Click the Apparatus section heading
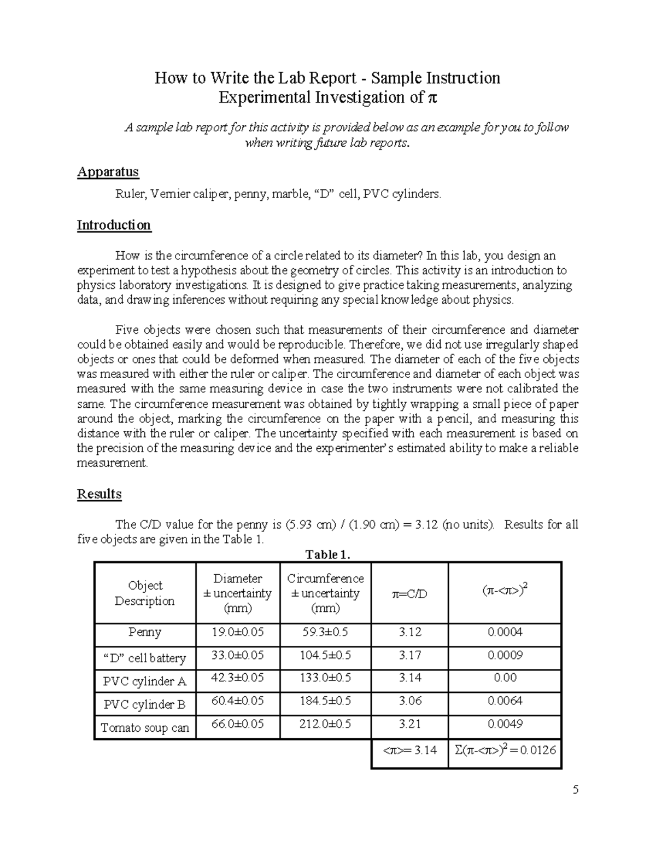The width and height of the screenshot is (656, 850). coord(108,172)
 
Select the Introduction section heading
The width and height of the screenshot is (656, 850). coord(114,225)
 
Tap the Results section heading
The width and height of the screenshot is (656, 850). coord(99,494)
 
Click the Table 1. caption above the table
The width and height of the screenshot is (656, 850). coord(327,554)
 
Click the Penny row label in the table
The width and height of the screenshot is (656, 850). coord(145,632)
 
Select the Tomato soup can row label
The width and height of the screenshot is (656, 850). coord(145,728)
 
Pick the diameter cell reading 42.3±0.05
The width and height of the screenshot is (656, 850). coord(238,678)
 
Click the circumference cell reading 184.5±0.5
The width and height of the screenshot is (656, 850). coord(325,701)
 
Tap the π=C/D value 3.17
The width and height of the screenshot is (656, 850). coord(409,655)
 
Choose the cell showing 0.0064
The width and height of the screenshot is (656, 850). coord(505,701)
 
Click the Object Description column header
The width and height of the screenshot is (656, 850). coord(145,593)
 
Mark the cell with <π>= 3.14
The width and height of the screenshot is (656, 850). coord(409,750)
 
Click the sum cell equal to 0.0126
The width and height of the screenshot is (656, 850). coord(505,750)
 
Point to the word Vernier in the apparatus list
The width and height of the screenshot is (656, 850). coord(169,194)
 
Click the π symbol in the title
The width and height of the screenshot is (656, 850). coord(432,99)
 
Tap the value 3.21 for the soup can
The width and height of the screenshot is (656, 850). coord(409,724)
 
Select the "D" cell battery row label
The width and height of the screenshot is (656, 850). coord(145,658)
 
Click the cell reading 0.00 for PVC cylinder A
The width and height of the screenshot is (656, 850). coord(505,678)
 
